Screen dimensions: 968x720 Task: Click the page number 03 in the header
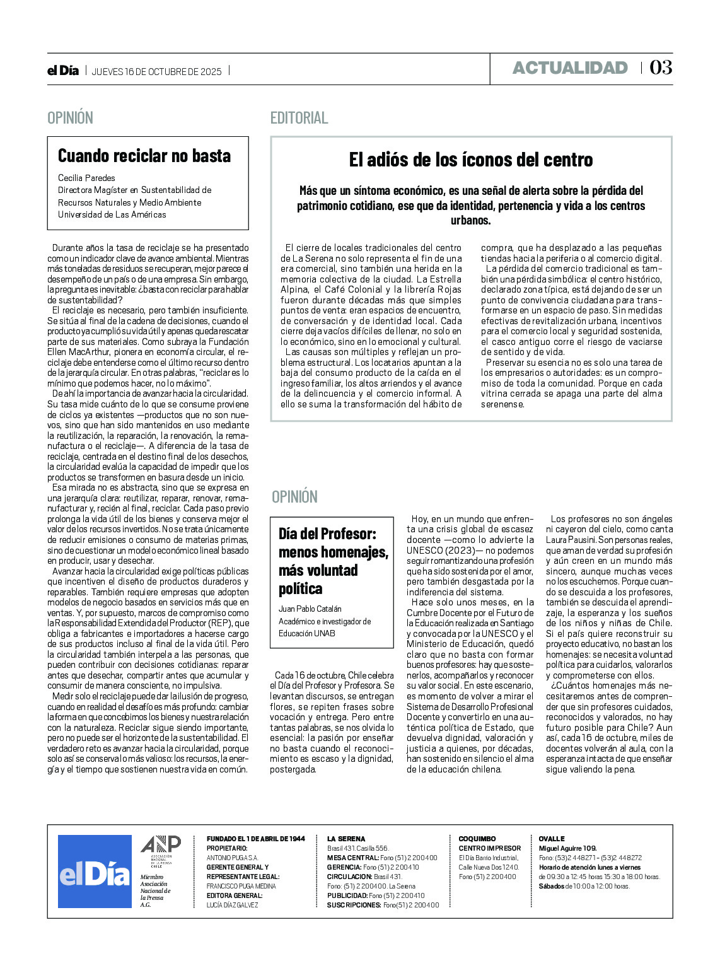click(x=661, y=67)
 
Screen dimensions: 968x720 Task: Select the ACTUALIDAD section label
click(x=569, y=68)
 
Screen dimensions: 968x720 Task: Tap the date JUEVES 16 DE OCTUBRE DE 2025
click(x=157, y=71)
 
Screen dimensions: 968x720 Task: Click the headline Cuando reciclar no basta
click(x=144, y=156)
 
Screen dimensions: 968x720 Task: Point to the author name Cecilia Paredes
click(x=86, y=178)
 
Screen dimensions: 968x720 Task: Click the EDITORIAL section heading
click(x=299, y=118)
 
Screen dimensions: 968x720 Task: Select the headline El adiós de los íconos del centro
click(x=471, y=160)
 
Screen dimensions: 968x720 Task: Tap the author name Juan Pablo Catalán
click(x=310, y=609)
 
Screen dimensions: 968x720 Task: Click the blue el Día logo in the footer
click(x=95, y=872)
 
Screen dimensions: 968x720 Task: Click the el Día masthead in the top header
click(x=63, y=71)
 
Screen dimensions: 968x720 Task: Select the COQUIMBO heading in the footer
click(x=477, y=839)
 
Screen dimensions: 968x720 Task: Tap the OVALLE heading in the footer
click(x=552, y=839)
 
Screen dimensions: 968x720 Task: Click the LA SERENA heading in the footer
click(x=345, y=839)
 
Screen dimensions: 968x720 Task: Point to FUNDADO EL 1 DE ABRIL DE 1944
click(x=255, y=839)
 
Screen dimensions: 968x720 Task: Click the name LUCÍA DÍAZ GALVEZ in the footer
click(x=232, y=905)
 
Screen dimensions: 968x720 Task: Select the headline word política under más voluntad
click(x=300, y=588)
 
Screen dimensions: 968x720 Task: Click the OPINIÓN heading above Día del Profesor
click(x=294, y=497)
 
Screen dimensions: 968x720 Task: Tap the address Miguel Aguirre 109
click(x=567, y=848)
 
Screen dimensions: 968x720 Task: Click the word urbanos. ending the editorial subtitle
click(x=470, y=221)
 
